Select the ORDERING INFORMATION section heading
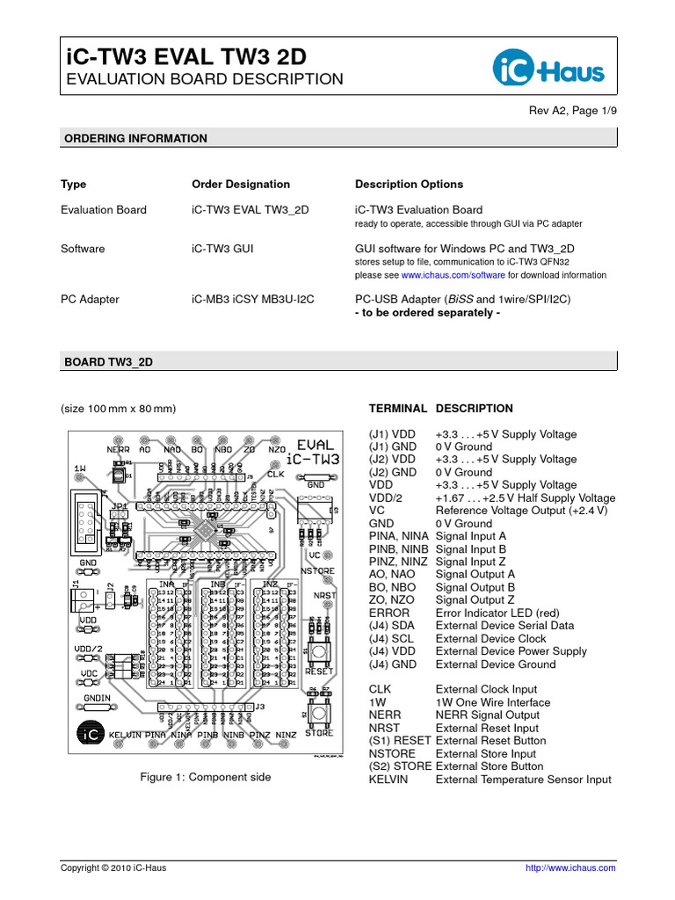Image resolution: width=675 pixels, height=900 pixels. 134,139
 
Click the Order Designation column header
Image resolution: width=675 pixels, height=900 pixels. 240,185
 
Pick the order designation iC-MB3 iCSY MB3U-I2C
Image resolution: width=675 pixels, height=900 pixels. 252,300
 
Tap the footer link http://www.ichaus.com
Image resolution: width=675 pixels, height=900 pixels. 570,867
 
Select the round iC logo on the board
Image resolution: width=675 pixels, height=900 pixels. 89,732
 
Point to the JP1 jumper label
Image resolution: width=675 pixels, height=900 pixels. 119,507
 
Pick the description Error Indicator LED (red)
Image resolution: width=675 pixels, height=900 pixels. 496,613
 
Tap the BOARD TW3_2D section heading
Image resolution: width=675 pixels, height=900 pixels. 109,362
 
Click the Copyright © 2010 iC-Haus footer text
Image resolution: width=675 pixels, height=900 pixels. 112,867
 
